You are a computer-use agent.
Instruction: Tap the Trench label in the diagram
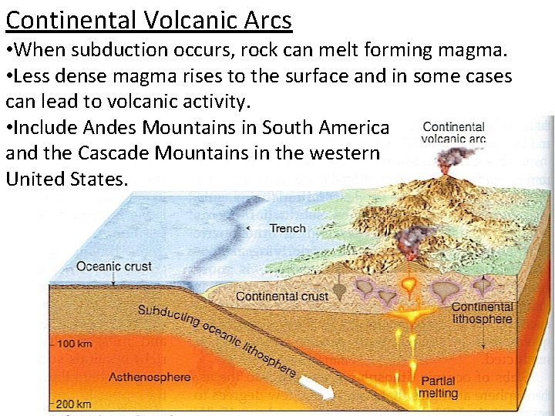287,228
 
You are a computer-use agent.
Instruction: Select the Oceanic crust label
113,267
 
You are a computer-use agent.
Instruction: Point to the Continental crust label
281,296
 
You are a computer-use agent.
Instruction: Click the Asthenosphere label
149,377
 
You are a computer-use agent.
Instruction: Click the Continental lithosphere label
482,313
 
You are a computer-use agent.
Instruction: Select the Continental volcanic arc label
454,133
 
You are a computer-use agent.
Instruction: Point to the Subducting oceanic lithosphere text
217,339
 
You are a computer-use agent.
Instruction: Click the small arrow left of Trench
247,229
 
